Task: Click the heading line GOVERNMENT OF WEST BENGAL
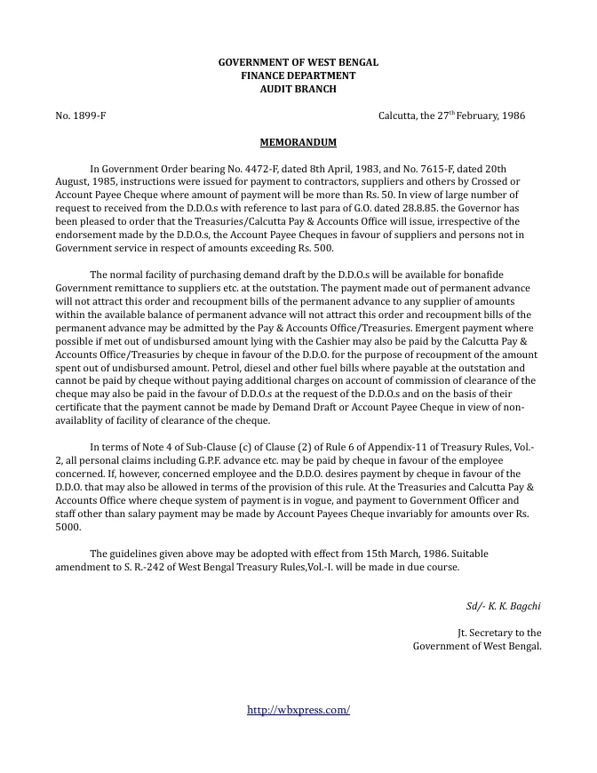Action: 298,62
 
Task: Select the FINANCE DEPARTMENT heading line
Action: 298,76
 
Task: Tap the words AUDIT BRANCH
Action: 298,89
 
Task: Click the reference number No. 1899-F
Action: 81,116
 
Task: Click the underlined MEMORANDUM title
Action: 298,142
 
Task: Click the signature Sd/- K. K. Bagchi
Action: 504,606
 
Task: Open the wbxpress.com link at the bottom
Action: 298,710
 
